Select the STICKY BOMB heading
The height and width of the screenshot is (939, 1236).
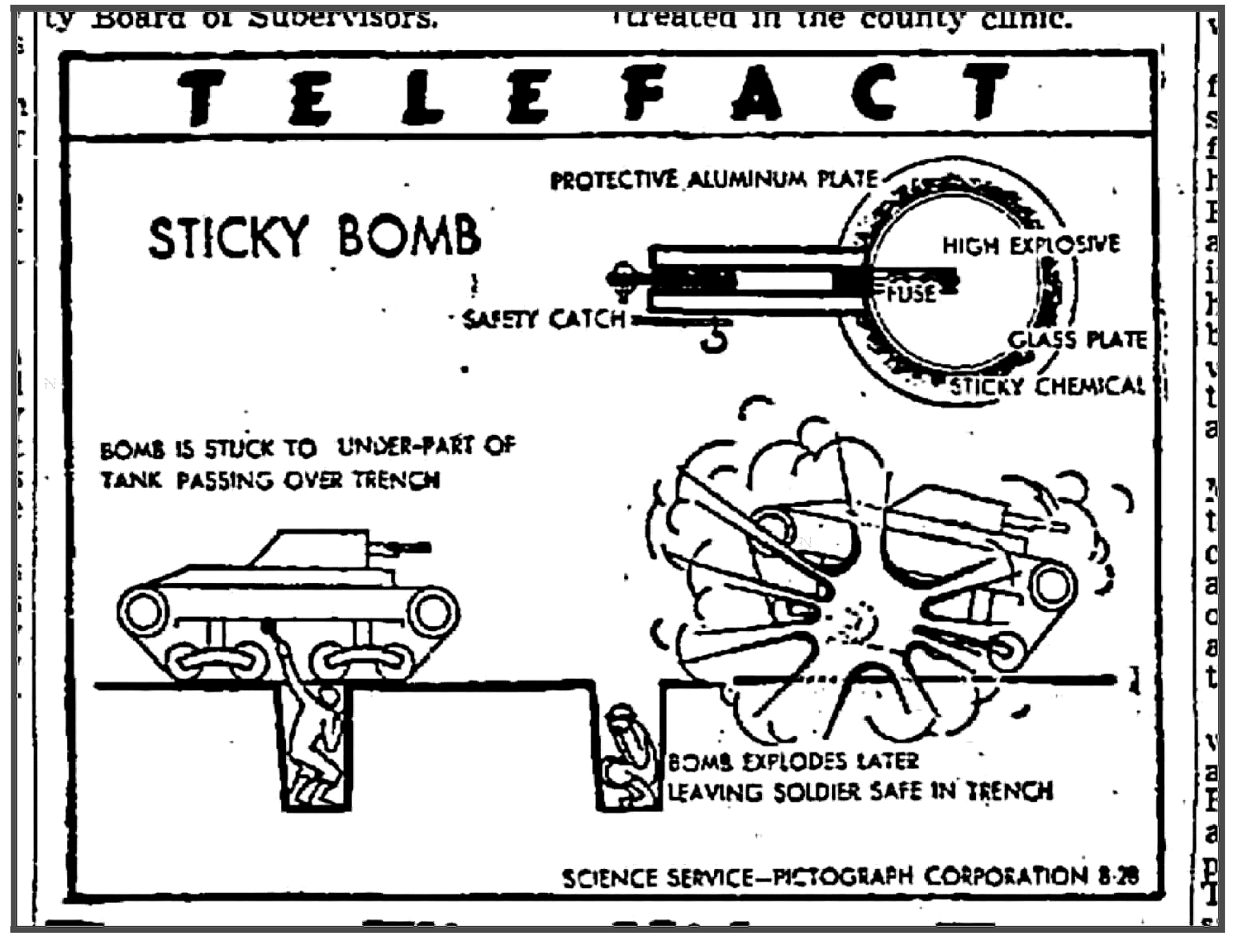(314, 237)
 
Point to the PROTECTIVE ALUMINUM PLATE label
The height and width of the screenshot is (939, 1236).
(713, 180)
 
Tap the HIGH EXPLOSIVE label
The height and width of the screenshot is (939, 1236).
(1030, 245)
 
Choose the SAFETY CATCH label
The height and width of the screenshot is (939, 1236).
(544, 319)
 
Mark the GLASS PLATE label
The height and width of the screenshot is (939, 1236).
(1077, 340)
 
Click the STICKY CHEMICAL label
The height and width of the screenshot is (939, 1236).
(1047, 386)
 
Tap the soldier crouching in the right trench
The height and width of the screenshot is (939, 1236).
(624, 754)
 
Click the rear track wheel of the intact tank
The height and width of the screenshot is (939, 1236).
(143, 612)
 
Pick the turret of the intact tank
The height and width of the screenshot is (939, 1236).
(312, 548)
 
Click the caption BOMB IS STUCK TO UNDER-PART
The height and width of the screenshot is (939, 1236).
(307, 449)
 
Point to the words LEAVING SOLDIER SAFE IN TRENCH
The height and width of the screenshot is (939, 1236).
(860, 792)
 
